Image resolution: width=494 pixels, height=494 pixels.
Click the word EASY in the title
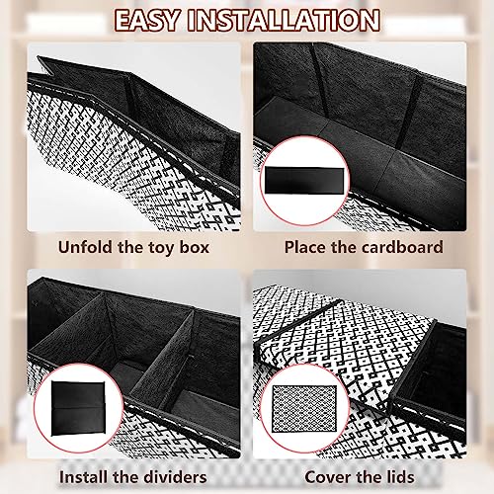tap(147, 21)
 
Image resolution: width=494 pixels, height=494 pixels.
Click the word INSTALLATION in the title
tap(284, 21)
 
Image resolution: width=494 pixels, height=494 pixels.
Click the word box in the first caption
tap(195, 247)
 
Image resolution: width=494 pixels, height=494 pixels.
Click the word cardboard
tap(401, 247)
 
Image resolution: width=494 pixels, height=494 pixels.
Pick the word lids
tap(400, 477)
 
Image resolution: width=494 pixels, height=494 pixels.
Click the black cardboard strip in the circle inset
tap(304, 180)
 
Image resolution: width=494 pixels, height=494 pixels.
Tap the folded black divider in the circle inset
tap(78, 408)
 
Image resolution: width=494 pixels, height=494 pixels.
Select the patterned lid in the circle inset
tap(304, 408)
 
